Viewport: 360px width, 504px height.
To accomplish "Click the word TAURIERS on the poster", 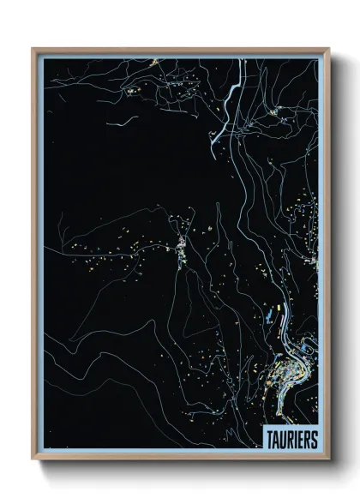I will point(291,439).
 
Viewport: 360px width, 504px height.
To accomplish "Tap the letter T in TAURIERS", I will point(269,439).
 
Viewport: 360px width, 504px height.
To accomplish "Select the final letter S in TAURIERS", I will point(313,439).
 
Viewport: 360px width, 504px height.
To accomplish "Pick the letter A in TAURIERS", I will point(275,439).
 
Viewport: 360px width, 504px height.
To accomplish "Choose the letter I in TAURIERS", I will point(295,439).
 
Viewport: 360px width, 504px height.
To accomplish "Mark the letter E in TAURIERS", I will point(300,439).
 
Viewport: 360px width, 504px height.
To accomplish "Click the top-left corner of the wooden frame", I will point(33,49).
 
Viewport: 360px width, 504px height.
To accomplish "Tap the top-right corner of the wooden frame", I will point(328,49).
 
